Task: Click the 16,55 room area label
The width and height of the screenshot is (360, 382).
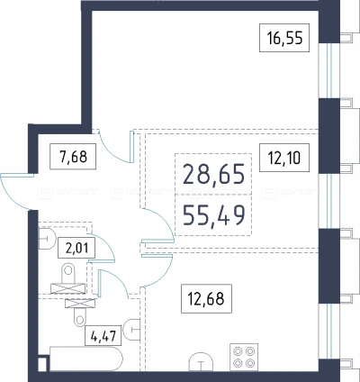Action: tap(284, 38)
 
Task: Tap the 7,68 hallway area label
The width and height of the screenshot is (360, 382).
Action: tap(74, 156)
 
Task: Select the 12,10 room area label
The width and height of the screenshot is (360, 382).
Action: tap(284, 158)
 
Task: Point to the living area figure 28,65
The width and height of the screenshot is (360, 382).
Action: tap(213, 174)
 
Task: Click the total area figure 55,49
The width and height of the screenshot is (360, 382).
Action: tap(213, 215)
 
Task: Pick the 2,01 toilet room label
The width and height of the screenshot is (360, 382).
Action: tap(77, 248)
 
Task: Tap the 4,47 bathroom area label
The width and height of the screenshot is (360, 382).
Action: tap(103, 335)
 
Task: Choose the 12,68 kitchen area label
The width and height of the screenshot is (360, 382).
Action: tap(206, 298)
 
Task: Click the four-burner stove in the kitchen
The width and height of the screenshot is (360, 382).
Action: tap(244, 357)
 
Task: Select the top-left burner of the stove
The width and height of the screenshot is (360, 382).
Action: tap(238, 350)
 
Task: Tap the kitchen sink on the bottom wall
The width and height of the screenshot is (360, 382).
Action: tap(201, 362)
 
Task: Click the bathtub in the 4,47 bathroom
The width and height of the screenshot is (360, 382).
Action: tap(86, 359)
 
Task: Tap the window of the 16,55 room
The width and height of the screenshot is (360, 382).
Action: tap(329, 70)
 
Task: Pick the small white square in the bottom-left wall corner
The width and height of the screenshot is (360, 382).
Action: tap(43, 364)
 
